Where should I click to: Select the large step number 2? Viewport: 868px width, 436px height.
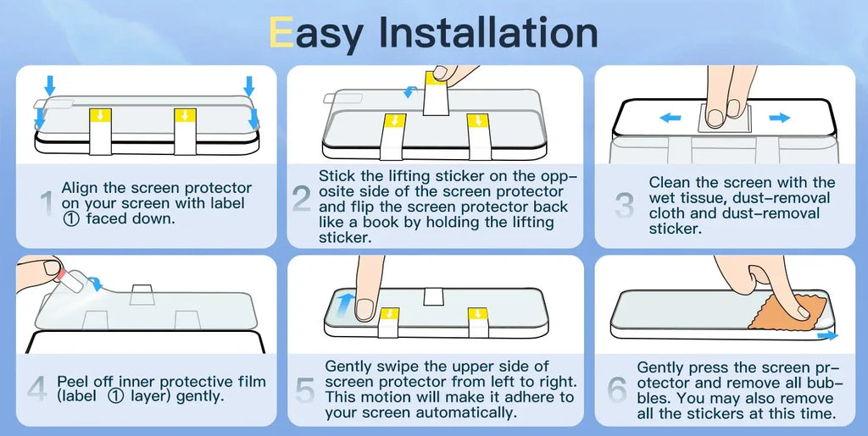(302, 199)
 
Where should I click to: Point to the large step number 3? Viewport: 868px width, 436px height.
(625, 206)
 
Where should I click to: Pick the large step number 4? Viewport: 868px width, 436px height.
(37, 389)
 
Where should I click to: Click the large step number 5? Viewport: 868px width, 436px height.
(305, 390)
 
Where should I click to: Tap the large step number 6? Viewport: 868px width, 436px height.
(617, 390)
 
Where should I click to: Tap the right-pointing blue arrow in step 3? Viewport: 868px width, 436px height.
(780, 117)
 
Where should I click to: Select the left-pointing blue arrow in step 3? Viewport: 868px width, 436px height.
(670, 117)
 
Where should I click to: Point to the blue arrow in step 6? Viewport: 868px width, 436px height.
(827, 335)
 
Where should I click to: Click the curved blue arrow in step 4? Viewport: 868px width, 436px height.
(96, 284)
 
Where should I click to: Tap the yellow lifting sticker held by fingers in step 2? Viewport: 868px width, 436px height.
(434, 79)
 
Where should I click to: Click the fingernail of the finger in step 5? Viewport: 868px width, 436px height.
(364, 308)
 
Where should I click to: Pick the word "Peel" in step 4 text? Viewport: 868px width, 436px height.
(74, 382)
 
